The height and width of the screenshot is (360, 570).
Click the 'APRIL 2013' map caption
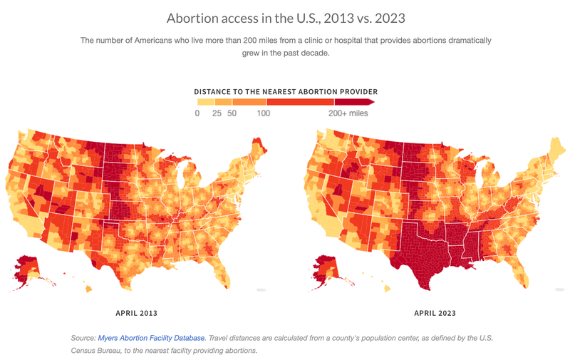click(137, 313)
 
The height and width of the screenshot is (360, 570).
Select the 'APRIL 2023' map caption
click(435, 313)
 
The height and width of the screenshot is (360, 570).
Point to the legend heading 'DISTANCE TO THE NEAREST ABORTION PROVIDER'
click(286, 92)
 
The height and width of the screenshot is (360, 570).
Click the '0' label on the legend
click(197, 113)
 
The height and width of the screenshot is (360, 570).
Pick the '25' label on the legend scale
click(217, 113)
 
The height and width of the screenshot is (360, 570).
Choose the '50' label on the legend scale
click(232, 113)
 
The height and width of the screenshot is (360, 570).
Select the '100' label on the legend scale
click(264, 113)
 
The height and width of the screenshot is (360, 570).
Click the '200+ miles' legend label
click(348, 113)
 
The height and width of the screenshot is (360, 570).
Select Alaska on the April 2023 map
click(325, 267)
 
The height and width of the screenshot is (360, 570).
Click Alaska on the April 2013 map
click(26, 267)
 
